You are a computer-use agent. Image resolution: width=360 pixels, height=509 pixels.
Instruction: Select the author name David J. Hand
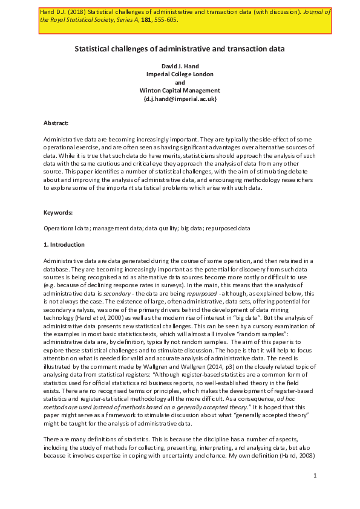180,66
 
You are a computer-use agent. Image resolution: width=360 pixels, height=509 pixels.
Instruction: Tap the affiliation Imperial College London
180,74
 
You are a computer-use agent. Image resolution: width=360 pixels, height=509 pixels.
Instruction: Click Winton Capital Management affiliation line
180,91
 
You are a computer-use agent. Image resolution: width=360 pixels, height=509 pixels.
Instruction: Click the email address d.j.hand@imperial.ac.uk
180,99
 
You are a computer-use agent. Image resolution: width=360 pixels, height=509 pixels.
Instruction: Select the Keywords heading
58,213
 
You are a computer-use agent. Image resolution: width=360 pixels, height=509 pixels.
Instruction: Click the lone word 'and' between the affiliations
180,83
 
